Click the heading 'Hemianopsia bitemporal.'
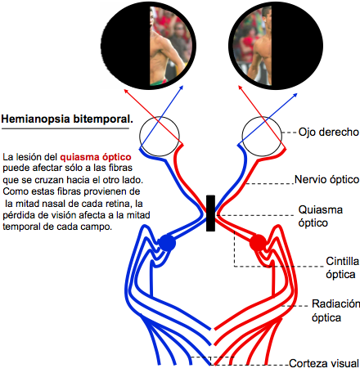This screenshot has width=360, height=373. tap(67, 119)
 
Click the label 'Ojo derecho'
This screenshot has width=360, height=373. tap(328, 132)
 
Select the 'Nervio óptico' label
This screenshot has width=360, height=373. tap(326, 180)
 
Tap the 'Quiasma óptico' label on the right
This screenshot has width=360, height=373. tap(320, 216)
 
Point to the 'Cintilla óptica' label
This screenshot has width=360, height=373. tap(342, 267)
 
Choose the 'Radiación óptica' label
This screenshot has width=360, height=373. tap(335, 311)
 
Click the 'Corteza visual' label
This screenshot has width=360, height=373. tap(324, 363)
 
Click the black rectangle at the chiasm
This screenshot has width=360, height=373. tap(210, 213)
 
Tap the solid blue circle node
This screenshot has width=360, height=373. tap(167, 243)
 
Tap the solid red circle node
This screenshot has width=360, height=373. tap(258, 243)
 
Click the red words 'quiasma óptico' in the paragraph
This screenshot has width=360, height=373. tap(96, 157)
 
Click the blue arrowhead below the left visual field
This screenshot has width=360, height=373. tap(181, 88)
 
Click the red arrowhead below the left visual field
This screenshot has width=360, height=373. tap(126, 91)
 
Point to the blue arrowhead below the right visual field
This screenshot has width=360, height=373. tap(295, 95)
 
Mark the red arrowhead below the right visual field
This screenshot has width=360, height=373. tap(240, 88)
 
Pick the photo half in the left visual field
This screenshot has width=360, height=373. tap(170, 45)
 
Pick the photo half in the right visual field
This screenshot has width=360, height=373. tap(252, 47)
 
